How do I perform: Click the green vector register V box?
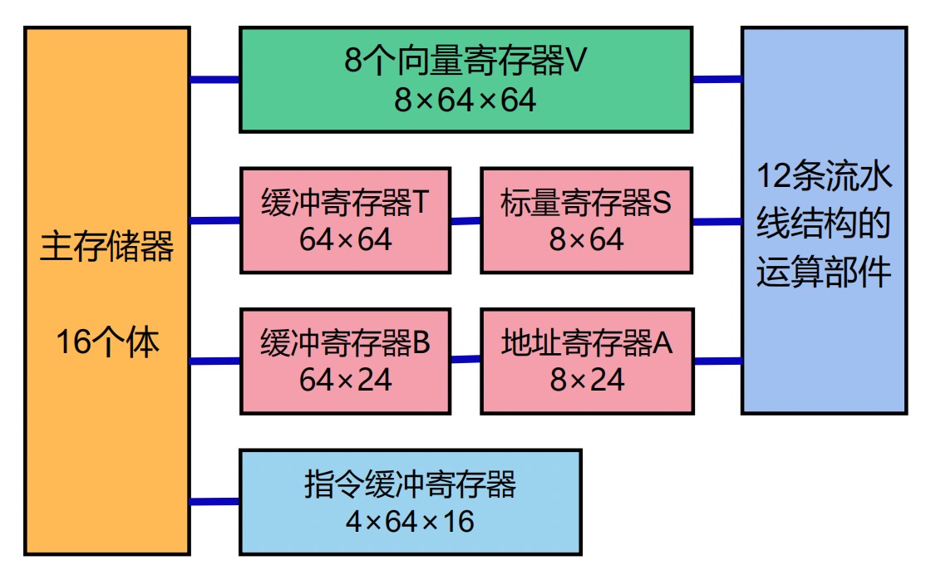click(x=465, y=80)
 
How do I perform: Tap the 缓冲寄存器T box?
click(x=345, y=220)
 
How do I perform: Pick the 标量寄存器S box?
click(x=586, y=220)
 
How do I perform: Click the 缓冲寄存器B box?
click(x=345, y=361)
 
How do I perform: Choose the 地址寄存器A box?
click(x=586, y=361)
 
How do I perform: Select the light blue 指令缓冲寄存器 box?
click(x=410, y=501)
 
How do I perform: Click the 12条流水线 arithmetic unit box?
click(x=824, y=220)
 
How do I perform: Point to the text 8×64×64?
click(x=465, y=101)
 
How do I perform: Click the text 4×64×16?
click(x=410, y=522)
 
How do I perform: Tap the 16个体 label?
click(x=107, y=342)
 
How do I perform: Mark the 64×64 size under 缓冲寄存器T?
click(x=345, y=240)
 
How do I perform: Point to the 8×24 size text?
click(x=586, y=381)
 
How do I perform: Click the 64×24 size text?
click(x=345, y=381)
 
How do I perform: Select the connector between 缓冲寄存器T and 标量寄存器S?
click(x=465, y=221)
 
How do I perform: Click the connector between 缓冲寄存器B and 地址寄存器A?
click(x=465, y=360)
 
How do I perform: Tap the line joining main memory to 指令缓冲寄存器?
click(x=214, y=501)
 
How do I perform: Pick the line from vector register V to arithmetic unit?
click(x=717, y=79)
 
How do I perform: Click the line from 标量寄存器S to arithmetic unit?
click(x=717, y=222)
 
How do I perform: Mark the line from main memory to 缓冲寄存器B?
click(x=214, y=361)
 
